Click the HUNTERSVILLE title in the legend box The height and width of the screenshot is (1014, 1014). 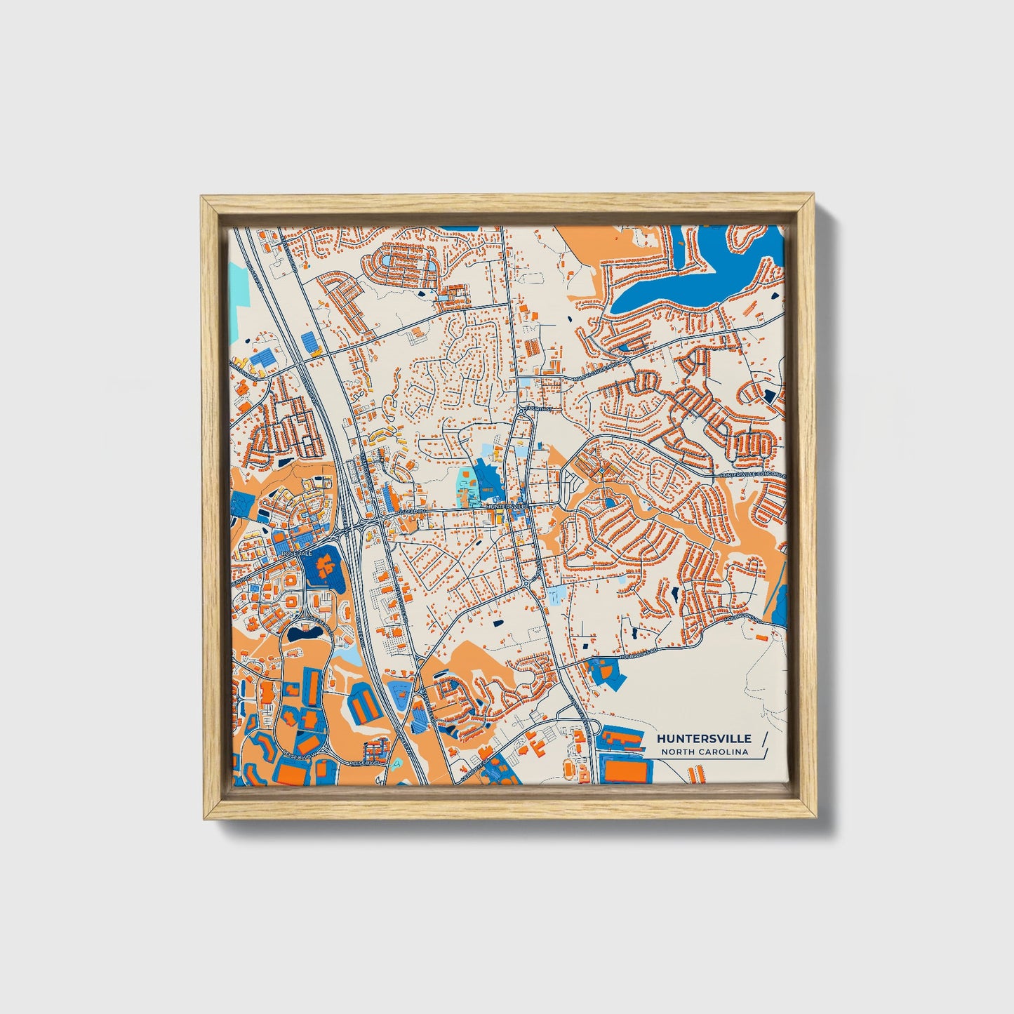(x=704, y=738)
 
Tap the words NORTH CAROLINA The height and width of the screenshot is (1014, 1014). (x=704, y=752)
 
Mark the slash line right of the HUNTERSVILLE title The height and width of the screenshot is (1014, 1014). (x=763, y=739)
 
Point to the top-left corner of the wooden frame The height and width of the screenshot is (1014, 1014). (x=203, y=199)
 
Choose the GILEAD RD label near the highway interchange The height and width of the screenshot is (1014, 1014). (x=413, y=512)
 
